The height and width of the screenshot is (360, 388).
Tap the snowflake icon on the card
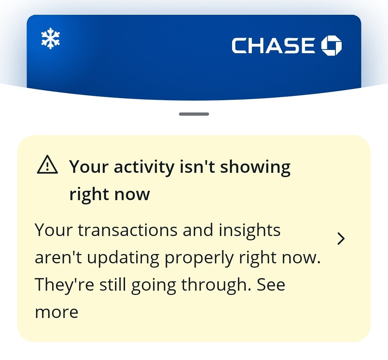51,38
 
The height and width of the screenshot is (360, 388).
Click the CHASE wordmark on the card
273,46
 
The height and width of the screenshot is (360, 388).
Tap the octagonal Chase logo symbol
332,46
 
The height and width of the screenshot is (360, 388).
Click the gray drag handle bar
194,114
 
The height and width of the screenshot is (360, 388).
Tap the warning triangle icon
47,165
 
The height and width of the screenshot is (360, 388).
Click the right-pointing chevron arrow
341,239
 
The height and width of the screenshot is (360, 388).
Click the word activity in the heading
144,167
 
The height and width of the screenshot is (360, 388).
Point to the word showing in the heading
255,167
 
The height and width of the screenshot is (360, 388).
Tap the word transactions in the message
128,230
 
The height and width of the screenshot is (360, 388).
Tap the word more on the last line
57,312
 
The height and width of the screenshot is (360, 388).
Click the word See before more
271,285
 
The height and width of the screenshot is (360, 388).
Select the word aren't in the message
58,257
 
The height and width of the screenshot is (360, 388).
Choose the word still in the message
112,285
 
